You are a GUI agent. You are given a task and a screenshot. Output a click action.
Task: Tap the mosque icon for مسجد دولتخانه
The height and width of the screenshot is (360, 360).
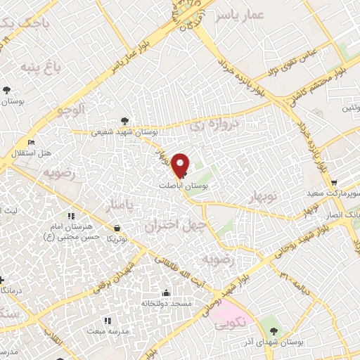pos(166,293)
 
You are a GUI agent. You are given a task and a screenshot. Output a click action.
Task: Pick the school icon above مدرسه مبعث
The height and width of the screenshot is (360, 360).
pos(107,321)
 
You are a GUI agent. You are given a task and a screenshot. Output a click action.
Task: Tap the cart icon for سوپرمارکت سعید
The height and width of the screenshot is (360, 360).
pos(333,181)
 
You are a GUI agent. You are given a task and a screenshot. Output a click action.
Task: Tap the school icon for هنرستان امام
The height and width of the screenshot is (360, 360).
pos(70,216)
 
